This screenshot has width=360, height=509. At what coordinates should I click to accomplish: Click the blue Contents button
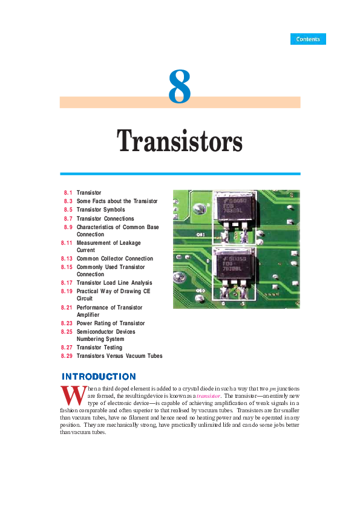point(308,39)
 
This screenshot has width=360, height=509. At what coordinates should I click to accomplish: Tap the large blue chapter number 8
point(180,86)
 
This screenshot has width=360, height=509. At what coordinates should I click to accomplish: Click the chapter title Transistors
point(180,141)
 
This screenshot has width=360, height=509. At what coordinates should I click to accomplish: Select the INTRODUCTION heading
point(99,377)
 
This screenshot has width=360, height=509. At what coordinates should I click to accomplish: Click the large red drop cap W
point(74,395)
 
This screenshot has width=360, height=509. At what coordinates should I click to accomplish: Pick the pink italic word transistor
point(208,396)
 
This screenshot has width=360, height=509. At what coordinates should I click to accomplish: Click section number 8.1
point(68,193)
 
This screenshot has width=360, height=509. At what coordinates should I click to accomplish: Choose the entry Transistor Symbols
point(100,210)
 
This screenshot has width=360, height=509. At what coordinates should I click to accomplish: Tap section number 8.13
point(67,259)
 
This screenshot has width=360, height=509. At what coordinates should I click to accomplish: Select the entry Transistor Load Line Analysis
point(114,283)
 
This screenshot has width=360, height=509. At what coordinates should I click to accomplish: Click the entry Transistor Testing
point(99,348)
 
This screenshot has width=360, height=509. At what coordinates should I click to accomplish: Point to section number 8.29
point(67,356)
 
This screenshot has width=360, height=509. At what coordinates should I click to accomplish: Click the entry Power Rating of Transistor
point(111,323)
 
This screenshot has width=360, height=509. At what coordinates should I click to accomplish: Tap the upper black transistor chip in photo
point(235,208)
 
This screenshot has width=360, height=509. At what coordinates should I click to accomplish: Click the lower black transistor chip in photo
point(234,265)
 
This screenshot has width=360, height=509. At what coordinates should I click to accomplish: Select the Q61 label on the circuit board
point(201,235)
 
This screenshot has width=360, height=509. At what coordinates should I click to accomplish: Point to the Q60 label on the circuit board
point(201,291)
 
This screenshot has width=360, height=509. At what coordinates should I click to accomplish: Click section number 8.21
point(67,308)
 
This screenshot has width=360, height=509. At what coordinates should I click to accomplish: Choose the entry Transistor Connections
point(105,219)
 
